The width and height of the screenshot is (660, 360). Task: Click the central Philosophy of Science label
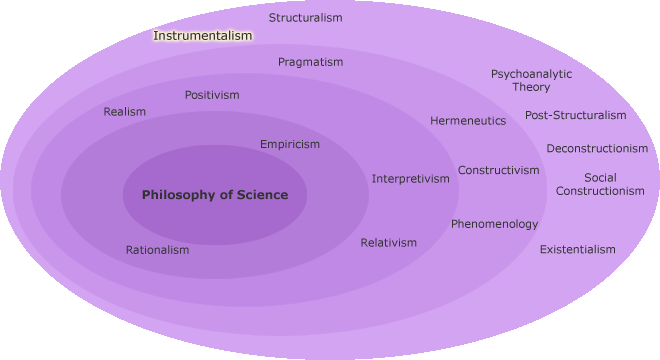215,195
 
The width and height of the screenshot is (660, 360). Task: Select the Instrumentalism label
202,36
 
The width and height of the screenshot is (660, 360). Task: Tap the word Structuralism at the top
305,18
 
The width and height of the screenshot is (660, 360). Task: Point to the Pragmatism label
310,62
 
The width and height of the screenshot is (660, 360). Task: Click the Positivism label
212,95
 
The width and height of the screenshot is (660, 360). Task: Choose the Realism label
125,112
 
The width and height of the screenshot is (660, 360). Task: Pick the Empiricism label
290,144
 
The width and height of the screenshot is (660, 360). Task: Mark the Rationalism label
157,250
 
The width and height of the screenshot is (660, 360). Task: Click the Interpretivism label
411,179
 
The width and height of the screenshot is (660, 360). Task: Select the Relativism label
389,243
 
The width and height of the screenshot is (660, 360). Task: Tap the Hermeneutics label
468,121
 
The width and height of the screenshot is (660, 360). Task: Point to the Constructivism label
499,170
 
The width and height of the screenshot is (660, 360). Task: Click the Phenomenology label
494,224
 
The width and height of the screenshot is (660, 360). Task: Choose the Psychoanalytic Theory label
531,80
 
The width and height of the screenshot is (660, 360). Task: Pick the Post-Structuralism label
576,115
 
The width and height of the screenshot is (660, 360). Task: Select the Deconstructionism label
597,149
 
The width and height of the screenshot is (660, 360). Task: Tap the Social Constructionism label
600,184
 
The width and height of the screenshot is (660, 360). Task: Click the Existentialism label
578,249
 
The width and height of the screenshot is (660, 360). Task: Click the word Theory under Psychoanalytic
531,87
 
